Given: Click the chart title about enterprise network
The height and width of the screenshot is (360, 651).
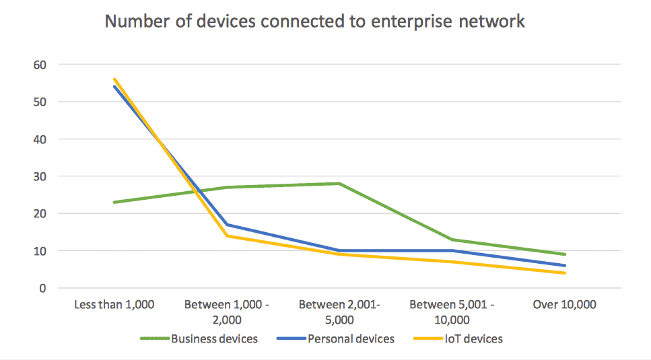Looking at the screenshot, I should (x=314, y=22).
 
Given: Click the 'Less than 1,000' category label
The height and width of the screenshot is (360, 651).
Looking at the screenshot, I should (x=114, y=305).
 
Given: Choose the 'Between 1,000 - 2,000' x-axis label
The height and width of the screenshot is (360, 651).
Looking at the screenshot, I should (x=226, y=312).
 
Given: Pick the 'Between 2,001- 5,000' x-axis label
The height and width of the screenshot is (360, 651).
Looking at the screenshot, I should (x=339, y=312).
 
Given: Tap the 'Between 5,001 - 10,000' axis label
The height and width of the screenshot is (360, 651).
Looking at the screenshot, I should (x=452, y=312).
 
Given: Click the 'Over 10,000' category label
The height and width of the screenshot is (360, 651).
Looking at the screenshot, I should (x=564, y=305).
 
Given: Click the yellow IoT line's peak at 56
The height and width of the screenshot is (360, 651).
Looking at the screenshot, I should (x=114, y=79).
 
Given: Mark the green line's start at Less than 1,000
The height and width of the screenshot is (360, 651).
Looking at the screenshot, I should (x=114, y=202).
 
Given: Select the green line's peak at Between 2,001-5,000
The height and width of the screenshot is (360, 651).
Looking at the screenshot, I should (x=339, y=184).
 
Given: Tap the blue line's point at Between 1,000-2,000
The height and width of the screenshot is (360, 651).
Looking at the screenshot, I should (x=227, y=225).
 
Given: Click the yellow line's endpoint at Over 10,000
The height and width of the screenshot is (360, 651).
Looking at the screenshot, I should (x=564, y=273).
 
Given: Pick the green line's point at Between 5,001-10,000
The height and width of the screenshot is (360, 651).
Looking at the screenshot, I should (x=452, y=240).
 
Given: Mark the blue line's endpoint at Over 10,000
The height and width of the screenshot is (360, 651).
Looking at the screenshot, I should (x=564, y=266).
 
